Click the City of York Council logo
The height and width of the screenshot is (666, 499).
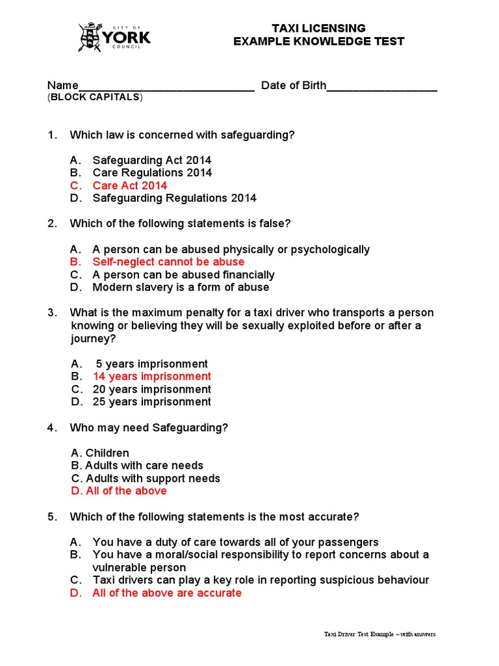tap(114, 37)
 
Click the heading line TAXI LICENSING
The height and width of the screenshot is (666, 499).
tap(318, 28)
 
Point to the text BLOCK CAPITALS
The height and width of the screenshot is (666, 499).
tap(95, 98)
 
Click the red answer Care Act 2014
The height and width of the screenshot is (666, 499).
tap(130, 185)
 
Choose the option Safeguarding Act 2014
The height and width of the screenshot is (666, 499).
tap(151, 160)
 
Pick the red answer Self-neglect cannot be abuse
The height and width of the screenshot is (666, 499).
tap(168, 261)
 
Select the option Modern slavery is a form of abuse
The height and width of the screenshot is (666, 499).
tap(181, 287)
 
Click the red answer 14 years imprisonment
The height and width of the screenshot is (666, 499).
tap(152, 376)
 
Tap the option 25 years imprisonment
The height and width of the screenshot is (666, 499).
tap(152, 401)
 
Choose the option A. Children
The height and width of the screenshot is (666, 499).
tap(100, 453)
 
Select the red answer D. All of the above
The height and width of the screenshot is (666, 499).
tap(119, 490)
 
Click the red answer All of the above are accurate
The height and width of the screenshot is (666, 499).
tap(167, 593)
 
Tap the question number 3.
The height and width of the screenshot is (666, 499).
tap(51, 313)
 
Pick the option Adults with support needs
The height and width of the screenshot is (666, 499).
tap(146, 478)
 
